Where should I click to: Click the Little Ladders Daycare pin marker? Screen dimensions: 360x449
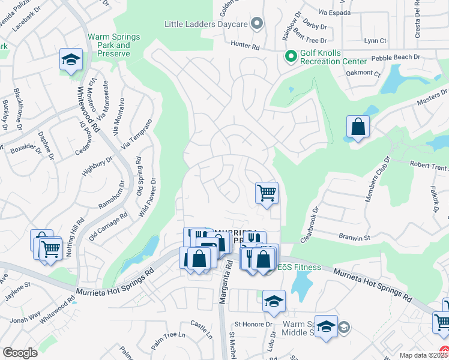(x=258, y=24)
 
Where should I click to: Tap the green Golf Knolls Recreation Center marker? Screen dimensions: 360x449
(x=291, y=56)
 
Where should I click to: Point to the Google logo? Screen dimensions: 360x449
(x=20, y=352)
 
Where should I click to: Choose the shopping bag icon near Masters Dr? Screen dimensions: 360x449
(x=358, y=127)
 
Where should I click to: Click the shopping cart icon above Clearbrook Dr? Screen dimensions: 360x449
(x=267, y=193)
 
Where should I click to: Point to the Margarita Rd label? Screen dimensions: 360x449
(x=223, y=282)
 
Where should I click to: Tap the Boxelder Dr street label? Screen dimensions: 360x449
(x=24, y=146)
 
